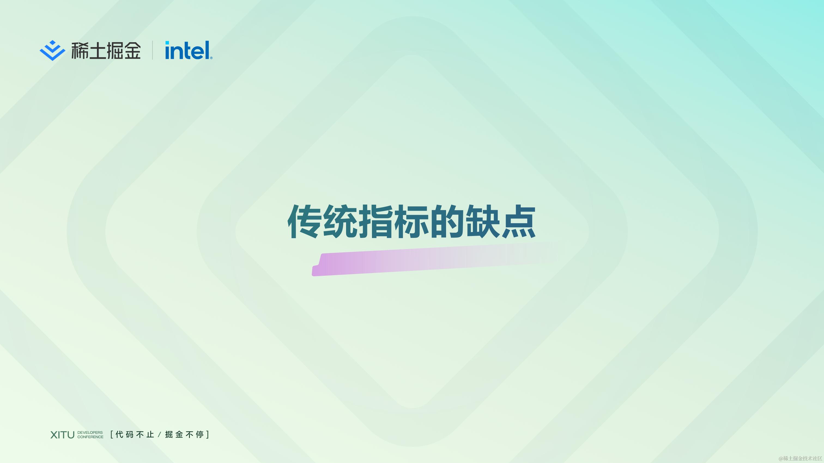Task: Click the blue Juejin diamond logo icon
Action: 52,50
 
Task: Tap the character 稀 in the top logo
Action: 80,50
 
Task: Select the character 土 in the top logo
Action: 97,50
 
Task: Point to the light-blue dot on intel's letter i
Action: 167,43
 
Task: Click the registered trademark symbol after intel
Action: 211,58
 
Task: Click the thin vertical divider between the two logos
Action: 152,50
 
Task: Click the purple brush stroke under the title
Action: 416,260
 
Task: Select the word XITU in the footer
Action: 62,435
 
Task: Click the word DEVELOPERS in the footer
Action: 90,432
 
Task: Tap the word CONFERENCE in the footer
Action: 90,437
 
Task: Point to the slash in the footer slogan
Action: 159,435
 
